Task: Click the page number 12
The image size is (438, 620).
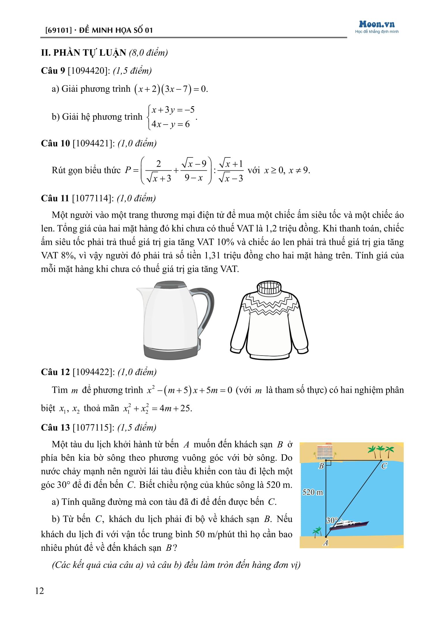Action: click(x=39, y=591)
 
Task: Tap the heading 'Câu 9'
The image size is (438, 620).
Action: click(x=53, y=71)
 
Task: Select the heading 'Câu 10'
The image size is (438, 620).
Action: click(x=55, y=143)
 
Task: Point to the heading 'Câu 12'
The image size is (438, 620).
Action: click(x=55, y=372)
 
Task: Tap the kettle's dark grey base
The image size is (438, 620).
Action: click(x=172, y=352)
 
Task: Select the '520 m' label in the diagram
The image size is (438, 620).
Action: click(x=313, y=492)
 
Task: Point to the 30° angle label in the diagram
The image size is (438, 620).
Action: click(x=332, y=520)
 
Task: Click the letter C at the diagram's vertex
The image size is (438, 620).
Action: click(x=384, y=466)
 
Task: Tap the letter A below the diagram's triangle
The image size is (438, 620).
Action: click(x=326, y=543)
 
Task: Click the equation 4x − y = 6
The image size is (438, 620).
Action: click(x=171, y=124)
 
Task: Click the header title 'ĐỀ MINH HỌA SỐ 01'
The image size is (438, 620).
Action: click(x=115, y=31)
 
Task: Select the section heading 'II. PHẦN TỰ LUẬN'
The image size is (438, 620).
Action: click(x=84, y=53)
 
